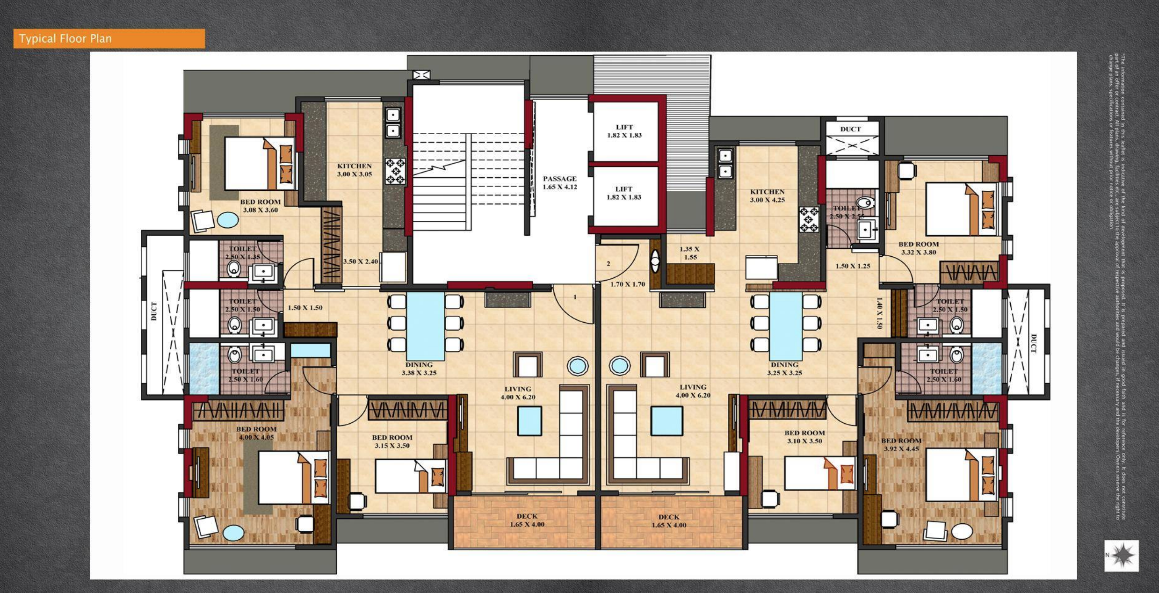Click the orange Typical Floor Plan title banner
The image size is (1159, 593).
109,38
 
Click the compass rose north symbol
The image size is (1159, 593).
1122,555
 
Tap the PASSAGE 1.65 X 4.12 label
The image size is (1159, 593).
559,182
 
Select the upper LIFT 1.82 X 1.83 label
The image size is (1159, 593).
624,131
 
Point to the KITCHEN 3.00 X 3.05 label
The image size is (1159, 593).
354,170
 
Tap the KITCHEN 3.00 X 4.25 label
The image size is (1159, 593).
767,195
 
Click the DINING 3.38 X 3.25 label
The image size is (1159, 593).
419,369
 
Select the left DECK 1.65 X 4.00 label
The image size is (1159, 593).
527,520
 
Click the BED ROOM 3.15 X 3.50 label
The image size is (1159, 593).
392,441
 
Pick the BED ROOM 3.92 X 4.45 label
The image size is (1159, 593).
901,444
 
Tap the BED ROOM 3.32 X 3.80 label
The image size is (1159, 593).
918,248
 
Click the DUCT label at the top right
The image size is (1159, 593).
850,129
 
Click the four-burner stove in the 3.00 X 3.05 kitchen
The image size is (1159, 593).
395,171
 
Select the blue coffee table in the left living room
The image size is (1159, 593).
529,420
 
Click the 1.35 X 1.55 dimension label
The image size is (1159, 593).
689,253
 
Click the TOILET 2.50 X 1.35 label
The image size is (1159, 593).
242,253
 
